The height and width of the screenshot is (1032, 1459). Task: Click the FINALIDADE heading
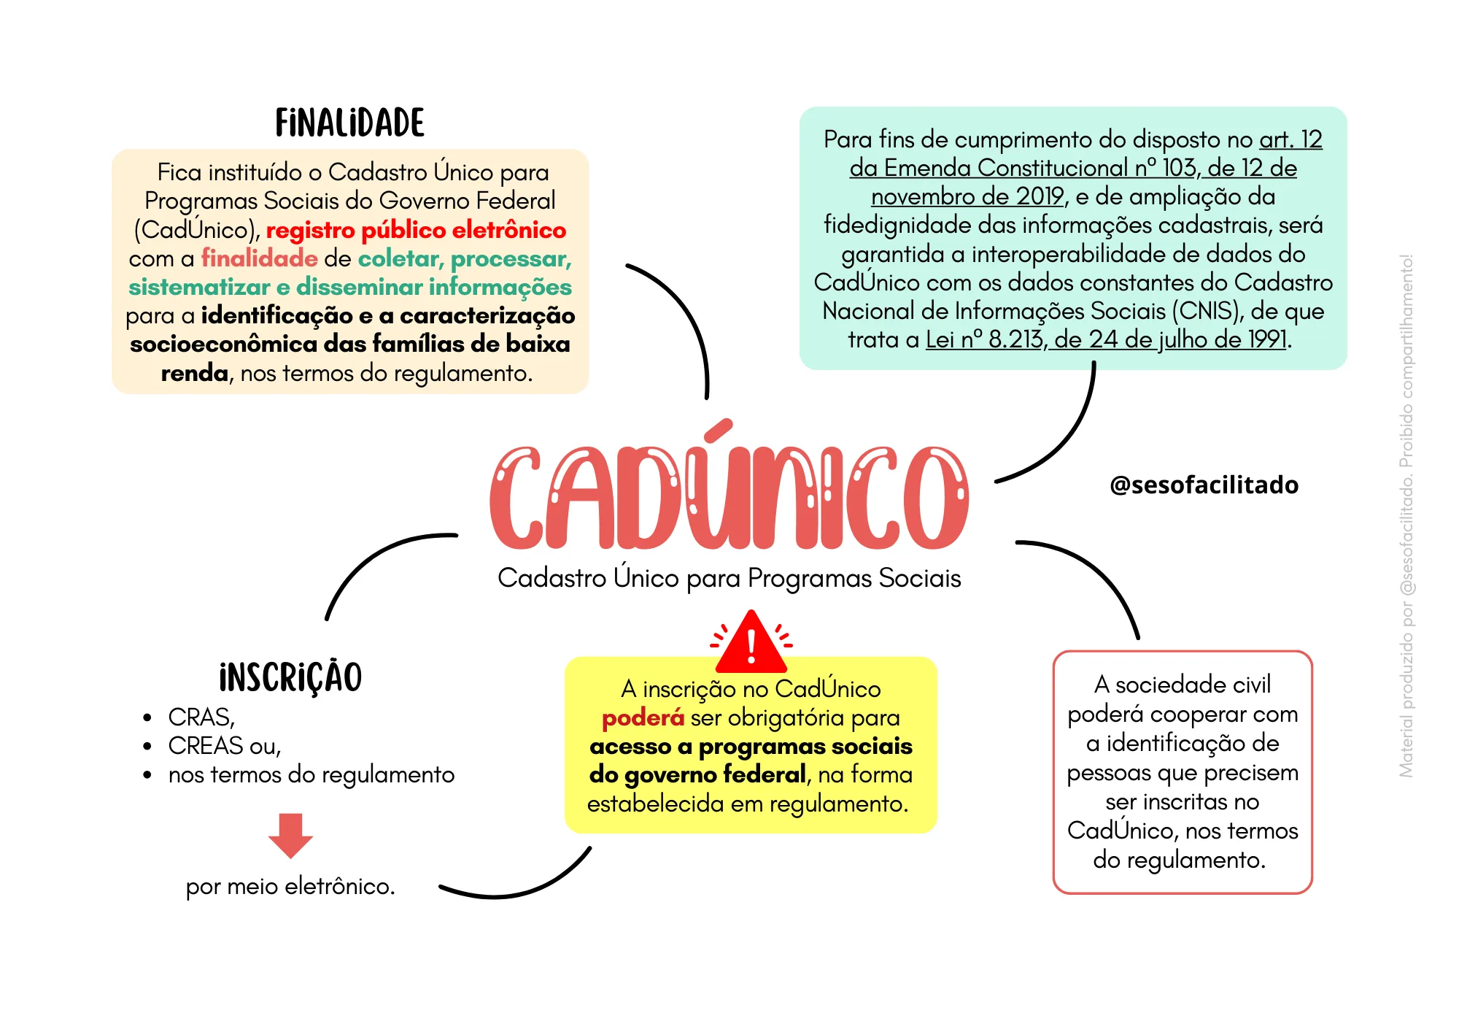click(349, 123)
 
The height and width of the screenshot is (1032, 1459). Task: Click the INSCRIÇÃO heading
click(290, 677)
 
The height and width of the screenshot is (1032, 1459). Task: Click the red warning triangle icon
click(751, 642)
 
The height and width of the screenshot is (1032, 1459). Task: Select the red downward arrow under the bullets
click(290, 836)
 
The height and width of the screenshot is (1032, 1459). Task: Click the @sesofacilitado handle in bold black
click(1204, 485)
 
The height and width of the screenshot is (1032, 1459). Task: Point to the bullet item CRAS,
click(201, 717)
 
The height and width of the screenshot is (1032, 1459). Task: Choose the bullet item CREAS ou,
click(224, 746)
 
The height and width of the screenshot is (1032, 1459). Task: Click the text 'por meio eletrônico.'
click(290, 886)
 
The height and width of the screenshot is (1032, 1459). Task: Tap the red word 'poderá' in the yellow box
click(643, 718)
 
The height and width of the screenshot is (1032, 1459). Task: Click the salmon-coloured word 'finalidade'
click(259, 258)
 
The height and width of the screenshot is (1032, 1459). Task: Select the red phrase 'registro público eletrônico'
click(416, 230)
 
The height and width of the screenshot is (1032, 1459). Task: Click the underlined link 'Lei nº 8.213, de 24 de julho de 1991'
click(1106, 339)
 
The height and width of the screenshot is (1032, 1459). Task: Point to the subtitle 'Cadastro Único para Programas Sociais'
click(729, 577)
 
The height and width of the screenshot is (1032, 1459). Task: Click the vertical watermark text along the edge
click(1406, 515)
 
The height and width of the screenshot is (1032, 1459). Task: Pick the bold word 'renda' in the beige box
click(194, 373)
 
